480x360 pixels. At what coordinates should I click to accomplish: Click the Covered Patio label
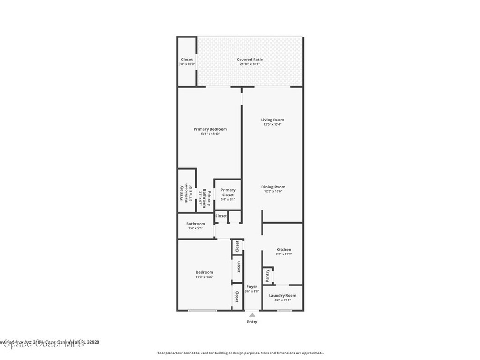point(249,60)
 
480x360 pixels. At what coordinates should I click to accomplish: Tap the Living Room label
point(272,120)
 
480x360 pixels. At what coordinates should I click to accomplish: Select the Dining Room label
point(273,187)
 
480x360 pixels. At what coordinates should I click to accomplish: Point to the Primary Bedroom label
point(210,129)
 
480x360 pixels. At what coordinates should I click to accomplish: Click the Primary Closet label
point(228,192)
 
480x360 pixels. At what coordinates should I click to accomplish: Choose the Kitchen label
point(284,250)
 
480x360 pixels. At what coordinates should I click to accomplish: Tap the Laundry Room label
point(282,295)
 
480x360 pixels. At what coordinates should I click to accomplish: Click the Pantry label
point(267,276)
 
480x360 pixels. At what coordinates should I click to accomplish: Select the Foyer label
point(252,286)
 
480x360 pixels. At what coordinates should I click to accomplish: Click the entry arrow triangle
point(252,315)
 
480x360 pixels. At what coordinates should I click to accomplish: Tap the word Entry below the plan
point(252,322)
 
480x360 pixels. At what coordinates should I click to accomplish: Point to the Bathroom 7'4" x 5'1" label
point(195,224)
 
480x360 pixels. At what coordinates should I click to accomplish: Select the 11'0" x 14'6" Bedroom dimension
point(204,277)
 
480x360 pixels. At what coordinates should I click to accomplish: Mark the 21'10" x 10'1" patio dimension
point(249,64)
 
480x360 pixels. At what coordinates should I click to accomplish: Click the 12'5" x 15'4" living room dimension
point(272,125)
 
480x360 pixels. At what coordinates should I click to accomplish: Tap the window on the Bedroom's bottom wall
point(202,311)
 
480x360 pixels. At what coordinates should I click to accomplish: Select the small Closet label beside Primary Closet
point(221,216)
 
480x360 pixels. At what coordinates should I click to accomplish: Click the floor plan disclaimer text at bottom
point(240,353)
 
